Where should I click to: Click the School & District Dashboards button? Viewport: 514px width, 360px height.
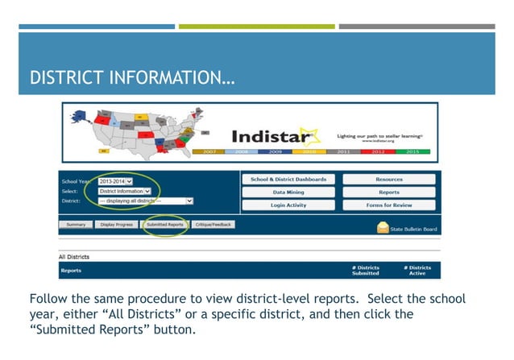coord(288,180)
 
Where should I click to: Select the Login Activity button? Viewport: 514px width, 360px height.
coord(288,205)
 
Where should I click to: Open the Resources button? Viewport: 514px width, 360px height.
coord(388,180)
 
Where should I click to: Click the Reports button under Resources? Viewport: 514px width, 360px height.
coord(388,192)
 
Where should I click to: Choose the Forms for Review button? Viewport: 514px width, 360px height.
coord(388,205)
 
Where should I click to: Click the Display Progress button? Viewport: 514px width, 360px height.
coord(117,225)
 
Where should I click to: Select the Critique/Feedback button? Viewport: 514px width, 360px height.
coord(213,225)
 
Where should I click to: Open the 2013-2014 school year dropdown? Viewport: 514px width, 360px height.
coord(114,182)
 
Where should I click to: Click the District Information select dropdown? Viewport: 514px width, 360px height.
coord(124,191)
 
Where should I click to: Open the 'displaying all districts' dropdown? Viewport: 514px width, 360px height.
coord(145,201)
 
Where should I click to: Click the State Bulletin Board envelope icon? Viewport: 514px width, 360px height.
coord(383,228)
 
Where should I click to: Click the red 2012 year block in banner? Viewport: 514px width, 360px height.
coord(378,151)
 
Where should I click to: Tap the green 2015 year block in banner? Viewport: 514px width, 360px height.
coord(412,151)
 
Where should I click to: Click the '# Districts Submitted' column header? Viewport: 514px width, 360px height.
coord(365,271)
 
